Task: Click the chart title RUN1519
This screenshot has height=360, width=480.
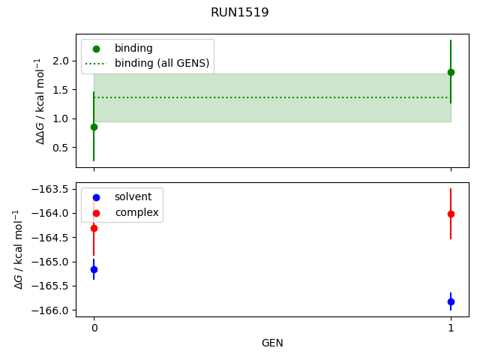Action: tap(240, 13)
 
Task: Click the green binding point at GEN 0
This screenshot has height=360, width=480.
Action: tap(94, 127)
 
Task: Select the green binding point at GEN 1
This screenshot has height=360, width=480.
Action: tap(451, 72)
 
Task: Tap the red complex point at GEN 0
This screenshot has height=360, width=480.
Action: tap(94, 228)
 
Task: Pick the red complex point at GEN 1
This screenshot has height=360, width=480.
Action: tap(451, 214)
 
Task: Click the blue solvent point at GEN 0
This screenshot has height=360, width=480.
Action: tap(94, 269)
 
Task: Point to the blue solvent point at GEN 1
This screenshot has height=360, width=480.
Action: tap(451, 301)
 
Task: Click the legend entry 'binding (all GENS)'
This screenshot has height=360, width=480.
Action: tap(161, 63)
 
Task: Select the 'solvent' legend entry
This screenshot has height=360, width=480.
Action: tap(133, 196)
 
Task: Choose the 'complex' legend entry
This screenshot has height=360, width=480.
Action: tap(136, 212)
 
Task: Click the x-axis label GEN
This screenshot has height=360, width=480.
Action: tap(272, 343)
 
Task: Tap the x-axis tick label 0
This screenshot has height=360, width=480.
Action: tap(94, 328)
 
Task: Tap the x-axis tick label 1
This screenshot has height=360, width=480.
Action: tap(451, 328)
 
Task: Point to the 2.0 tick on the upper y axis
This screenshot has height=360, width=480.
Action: tap(61, 61)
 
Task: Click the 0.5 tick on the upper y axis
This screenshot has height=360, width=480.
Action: tap(61, 147)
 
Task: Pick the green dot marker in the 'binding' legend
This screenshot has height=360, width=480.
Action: tap(96, 49)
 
